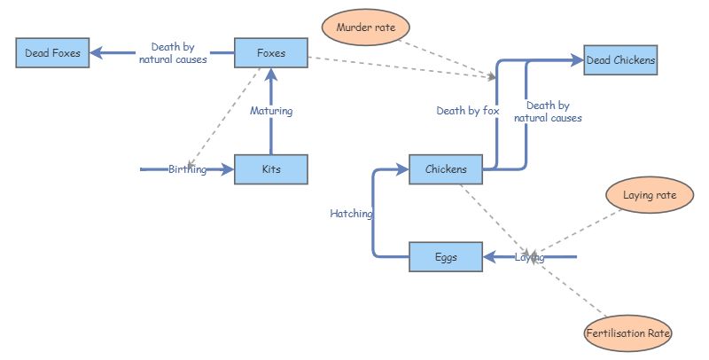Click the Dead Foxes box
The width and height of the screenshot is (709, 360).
coord(52,53)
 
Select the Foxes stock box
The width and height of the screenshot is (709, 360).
coord(270,53)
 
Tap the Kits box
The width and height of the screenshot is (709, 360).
coord(270,168)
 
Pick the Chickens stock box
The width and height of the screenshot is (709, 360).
coord(446,168)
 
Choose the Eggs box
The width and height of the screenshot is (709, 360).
coord(446,257)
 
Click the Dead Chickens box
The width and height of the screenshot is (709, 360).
coord(621,60)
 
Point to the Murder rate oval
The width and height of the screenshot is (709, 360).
coord(365,27)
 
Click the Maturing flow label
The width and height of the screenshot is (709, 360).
coord(270,112)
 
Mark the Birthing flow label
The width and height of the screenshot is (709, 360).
coord(187,169)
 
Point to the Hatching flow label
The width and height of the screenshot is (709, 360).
coord(351,214)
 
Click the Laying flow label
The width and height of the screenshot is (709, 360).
coord(529,257)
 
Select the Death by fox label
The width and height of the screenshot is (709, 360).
coord(467,111)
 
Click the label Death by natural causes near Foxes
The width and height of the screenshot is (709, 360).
coord(173,53)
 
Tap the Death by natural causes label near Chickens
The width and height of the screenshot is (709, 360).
coord(554,111)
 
